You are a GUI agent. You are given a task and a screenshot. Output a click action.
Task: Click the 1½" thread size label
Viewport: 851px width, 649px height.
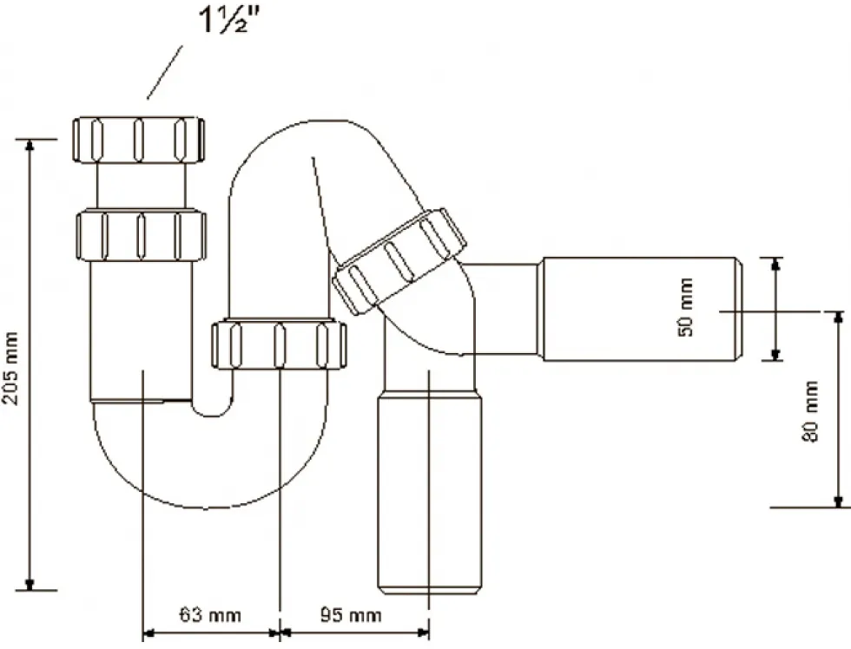tap(230, 20)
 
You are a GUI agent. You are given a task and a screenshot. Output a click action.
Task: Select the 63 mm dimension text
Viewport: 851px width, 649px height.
tap(210, 615)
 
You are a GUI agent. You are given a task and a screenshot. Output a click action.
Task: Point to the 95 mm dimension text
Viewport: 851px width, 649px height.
tap(350, 615)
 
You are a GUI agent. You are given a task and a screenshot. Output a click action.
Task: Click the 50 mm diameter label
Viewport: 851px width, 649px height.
tap(685, 307)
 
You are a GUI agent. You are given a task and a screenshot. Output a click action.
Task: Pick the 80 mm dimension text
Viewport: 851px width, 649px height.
tap(809, 411)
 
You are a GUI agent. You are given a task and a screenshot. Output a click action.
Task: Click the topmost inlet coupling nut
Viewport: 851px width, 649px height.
tap(138, 140)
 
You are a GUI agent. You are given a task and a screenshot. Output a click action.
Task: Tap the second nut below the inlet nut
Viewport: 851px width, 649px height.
tap(141, 236)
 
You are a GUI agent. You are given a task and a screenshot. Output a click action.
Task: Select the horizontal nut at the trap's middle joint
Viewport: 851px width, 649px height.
tap(279, 345)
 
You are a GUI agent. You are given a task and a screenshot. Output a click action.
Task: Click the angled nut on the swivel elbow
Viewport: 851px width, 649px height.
tap(399, 260)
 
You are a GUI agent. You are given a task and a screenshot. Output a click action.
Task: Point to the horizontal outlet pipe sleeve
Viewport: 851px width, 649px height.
tap(642, 309)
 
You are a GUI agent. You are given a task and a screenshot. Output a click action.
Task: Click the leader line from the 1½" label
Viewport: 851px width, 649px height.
tap(164, 73)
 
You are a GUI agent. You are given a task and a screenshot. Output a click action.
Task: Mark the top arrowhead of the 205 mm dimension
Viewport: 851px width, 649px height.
tap(30, 145)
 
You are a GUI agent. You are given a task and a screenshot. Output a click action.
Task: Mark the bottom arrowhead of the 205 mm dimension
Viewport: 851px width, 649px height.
tap(30, 584)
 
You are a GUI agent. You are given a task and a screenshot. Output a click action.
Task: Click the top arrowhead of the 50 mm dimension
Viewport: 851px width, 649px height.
tap(776, 264)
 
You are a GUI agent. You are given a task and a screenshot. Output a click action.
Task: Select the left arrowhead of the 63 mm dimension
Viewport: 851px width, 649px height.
tap(148, 633)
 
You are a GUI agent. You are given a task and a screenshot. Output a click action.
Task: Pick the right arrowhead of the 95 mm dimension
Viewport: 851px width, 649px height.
tap(423, 633)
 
